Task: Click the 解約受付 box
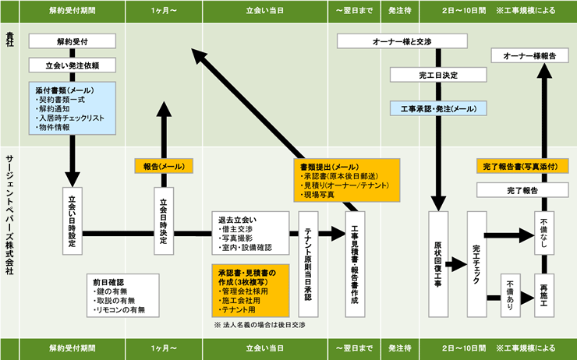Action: pos(72,41)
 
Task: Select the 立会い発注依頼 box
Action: pos(72,65)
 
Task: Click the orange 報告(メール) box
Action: pos(164,166)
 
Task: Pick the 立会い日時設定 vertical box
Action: pos(72,221)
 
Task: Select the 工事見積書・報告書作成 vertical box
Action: pos(355,263)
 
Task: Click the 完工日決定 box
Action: pos(437,76)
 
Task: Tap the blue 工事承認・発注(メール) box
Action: pos(437,108)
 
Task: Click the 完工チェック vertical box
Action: pos(477,263)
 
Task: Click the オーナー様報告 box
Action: pos(527,55)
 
